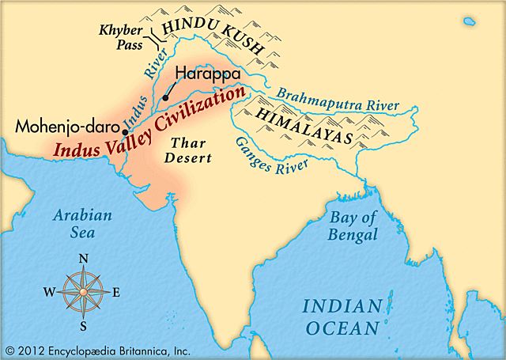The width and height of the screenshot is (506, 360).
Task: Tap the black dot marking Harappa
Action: [165, 97]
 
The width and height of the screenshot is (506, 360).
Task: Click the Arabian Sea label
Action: [82, 223]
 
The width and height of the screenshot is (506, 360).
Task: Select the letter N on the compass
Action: [85, 258]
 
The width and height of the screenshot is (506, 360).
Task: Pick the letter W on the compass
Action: [49, 292]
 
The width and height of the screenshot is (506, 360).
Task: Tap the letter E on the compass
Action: [116, 292]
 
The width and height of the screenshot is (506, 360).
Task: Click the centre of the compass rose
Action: [83, 291]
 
